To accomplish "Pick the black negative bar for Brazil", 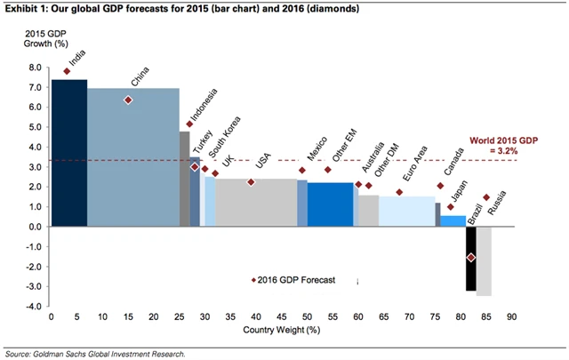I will click(471, 258).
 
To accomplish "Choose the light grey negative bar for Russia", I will click(484, 261).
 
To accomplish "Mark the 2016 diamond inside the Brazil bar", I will click(471, 258).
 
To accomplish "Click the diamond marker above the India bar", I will click(67, 71).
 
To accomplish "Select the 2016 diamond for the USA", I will click(251, 182).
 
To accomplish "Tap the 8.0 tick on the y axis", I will click(35, 68).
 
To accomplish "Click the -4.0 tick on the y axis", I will click(34, 307).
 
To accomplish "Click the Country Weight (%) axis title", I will click(281, 331).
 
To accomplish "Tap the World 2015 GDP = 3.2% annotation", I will click(502, 146).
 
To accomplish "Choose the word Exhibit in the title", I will click(20, 9).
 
